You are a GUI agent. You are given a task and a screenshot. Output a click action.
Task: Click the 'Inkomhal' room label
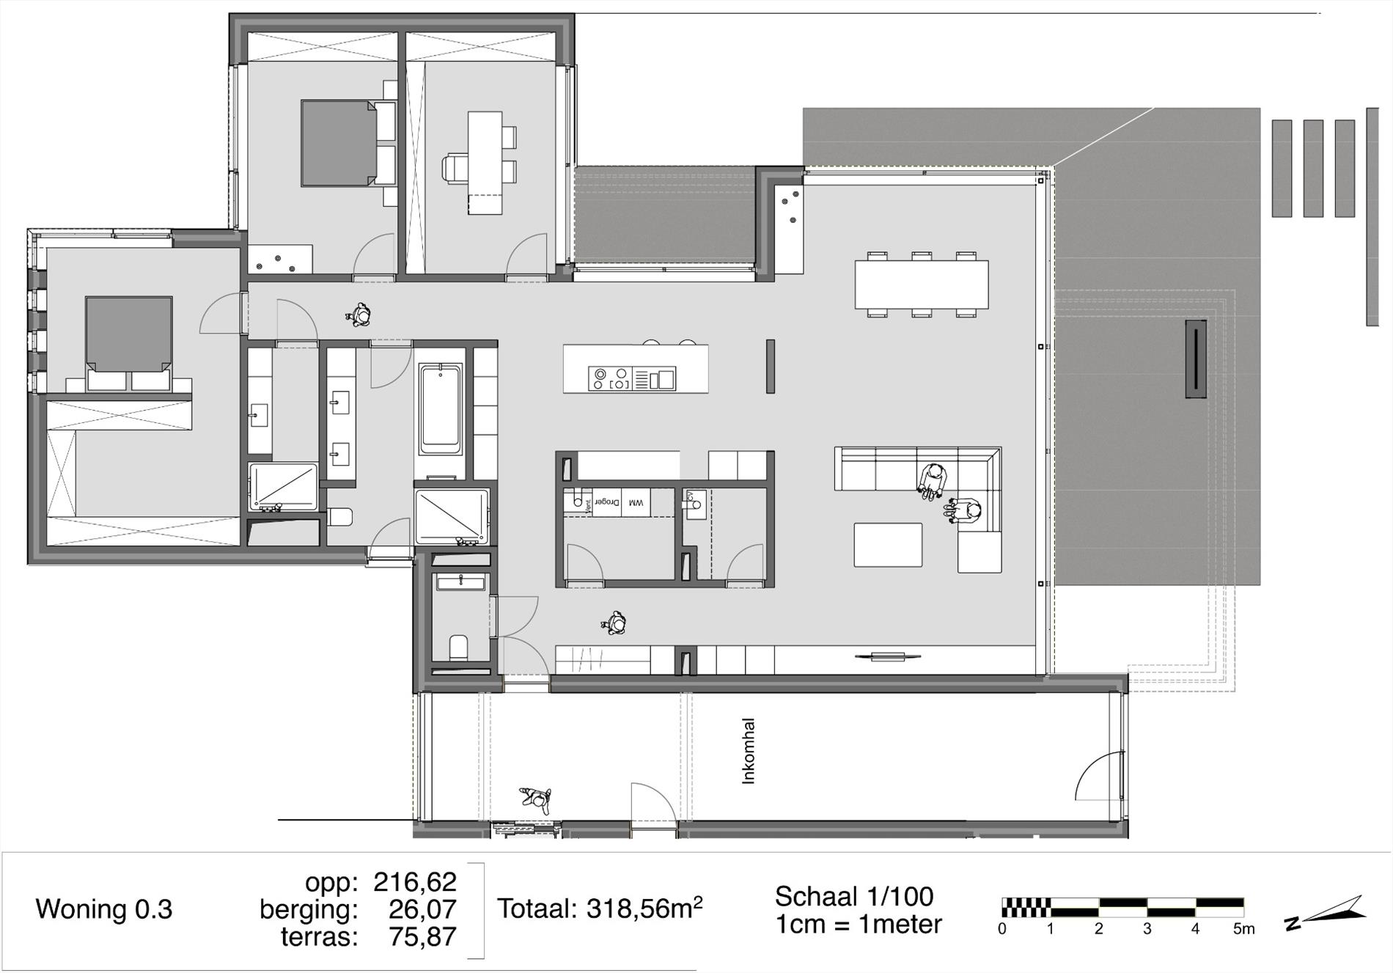tap(749, 751)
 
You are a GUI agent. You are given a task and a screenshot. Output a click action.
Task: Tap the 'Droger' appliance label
tap(607, 502)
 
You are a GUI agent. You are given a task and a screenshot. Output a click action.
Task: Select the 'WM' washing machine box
tap(636, 502)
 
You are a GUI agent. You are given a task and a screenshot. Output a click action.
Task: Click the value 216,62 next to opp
tap(415, 881)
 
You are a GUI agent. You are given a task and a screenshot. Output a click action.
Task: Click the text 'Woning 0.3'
tap(104, 909)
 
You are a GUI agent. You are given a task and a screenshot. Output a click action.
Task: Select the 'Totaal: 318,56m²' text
tap(600, 908)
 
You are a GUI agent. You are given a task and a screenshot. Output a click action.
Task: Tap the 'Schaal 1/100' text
tap(854, 896)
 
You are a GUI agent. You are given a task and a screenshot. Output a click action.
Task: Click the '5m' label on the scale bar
tap(1243, 929)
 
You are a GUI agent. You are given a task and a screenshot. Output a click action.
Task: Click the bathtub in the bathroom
tap(441, 408)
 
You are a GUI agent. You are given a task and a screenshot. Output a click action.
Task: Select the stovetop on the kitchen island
tap(609, 378)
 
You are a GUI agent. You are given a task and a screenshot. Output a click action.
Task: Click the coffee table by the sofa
tap(888, 545)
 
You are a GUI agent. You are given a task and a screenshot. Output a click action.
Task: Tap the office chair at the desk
tap(455, 168)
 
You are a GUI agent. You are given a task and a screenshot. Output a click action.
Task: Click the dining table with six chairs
tap(922, 284)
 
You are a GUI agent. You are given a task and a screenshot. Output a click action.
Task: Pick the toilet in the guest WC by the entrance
tap(458, 647)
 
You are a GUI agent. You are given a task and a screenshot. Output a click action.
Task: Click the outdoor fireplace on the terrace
tap(1196, 359)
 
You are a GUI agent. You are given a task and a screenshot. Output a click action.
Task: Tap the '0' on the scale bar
tap(1002, 929)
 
